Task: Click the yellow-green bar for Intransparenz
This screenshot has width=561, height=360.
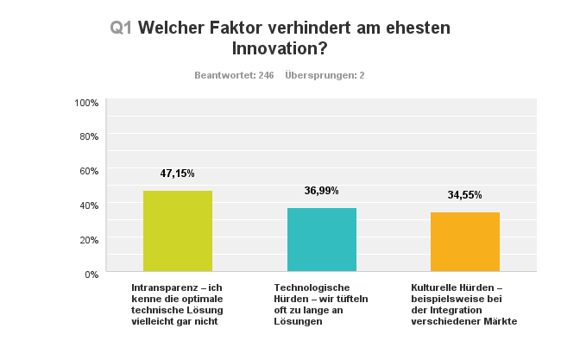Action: coord(177,231)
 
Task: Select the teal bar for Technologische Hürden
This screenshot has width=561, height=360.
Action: coord(321,240)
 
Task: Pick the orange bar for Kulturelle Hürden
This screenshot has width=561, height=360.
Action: coord(464,242)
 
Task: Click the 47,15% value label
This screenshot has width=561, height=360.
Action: coord(177,174)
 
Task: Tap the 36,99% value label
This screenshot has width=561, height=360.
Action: coord(321,191)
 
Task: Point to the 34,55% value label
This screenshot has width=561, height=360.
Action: coord(464,195)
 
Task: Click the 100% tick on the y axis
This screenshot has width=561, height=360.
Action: coord(86,103)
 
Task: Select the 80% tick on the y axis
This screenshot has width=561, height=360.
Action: coord(89,136)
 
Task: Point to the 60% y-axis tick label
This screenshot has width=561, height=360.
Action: coord(89,171)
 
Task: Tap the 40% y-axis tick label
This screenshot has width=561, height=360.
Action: coord(89,205)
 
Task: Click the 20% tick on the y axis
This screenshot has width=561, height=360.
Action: coord(89,239)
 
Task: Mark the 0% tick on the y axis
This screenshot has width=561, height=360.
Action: coord(91,274)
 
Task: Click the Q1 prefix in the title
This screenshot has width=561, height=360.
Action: coord(121,28)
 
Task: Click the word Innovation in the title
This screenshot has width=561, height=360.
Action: coord(280,48)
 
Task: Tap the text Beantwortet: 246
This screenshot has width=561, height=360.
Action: coord(234,75)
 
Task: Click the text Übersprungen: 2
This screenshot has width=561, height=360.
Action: coord(325,75)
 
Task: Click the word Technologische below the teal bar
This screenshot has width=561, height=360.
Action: coord(311,287)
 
